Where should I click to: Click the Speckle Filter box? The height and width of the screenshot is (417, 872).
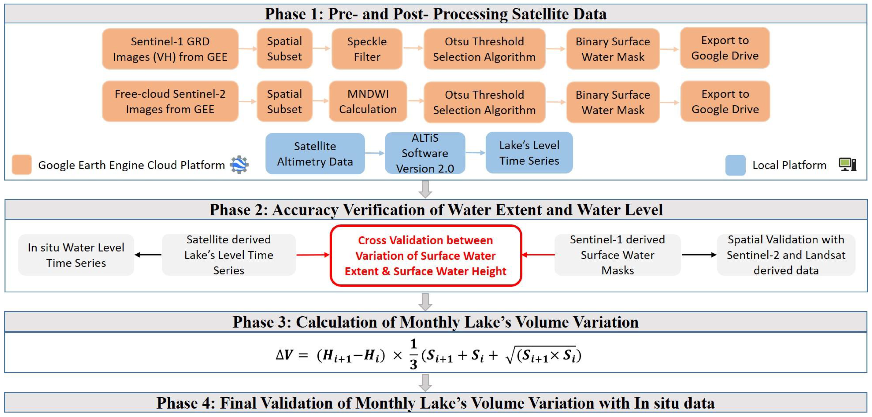[x=367, y=49]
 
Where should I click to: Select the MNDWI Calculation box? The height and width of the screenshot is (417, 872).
[x=368, y=102]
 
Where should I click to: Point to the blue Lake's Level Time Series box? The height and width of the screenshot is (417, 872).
[x=529, y=153]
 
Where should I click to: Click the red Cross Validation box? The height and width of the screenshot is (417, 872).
[x=426, y=256]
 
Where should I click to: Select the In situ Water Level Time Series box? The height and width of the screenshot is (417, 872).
[x=76, y=255]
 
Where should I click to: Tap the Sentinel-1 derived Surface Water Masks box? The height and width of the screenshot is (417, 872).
[x=618, y=255]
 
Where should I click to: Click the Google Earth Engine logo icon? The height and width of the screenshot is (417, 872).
[x=239, y=165]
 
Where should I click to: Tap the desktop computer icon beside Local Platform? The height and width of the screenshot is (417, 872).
[x=847, y=165]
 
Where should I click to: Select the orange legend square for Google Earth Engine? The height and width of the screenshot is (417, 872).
[x=22, y=165]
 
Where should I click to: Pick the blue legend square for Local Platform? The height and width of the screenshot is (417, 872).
[x=735, y=165]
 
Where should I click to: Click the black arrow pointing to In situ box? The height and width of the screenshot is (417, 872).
[x=148, y=255]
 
